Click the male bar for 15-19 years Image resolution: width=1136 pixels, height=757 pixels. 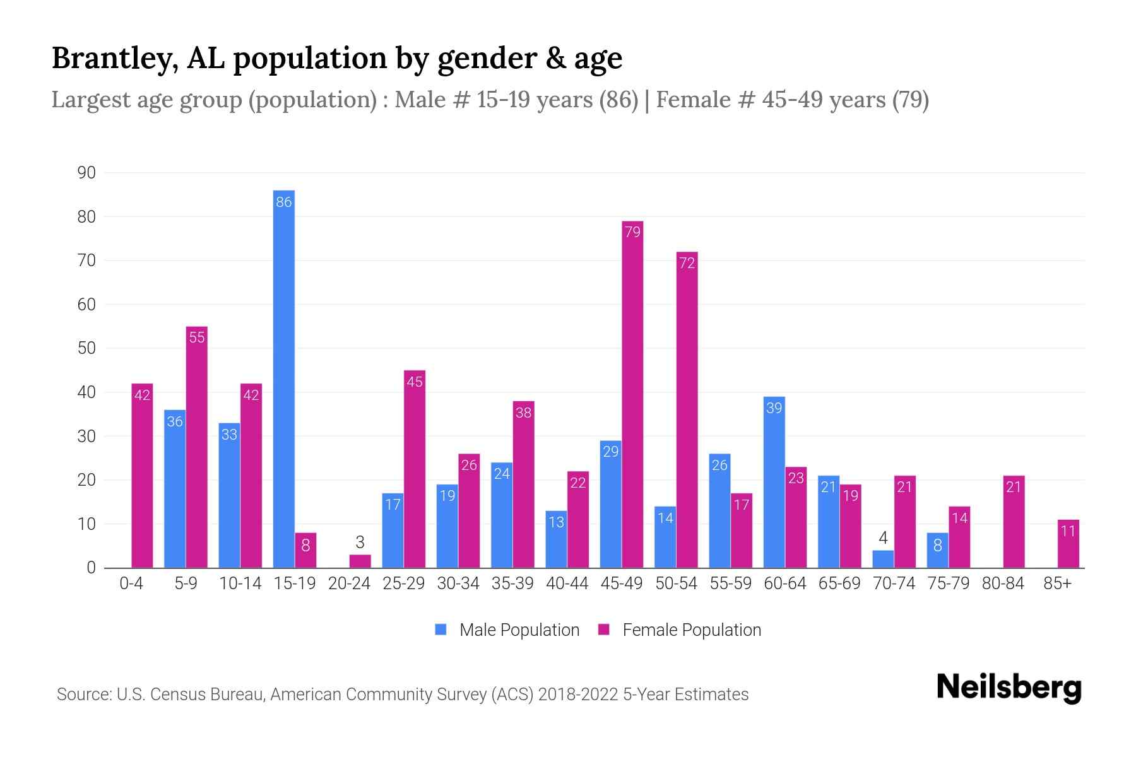[284, 378]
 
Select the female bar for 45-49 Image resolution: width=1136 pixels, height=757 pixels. [632, 394]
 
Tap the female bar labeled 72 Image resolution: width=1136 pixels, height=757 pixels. [687, 410]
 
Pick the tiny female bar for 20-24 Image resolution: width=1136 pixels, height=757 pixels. [360, 561]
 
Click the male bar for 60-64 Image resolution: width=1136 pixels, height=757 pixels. [774, 483]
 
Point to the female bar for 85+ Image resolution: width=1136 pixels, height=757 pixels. [1068, 544]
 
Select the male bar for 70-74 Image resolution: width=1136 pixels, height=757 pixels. [883, 560]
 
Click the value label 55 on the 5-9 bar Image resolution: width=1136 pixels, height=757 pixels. [197, 337]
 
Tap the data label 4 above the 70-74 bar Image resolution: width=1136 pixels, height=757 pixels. [883, 538]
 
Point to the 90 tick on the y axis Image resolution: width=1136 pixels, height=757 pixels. [86, 173]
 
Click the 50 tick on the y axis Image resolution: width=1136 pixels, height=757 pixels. [86, 348]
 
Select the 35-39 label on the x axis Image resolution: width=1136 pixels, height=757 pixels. [512, 584]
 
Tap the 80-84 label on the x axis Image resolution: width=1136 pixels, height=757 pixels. [1003, 584]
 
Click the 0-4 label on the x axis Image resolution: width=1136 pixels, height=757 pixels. [131, 584]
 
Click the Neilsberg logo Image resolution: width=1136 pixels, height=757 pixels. [1009, 688]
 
